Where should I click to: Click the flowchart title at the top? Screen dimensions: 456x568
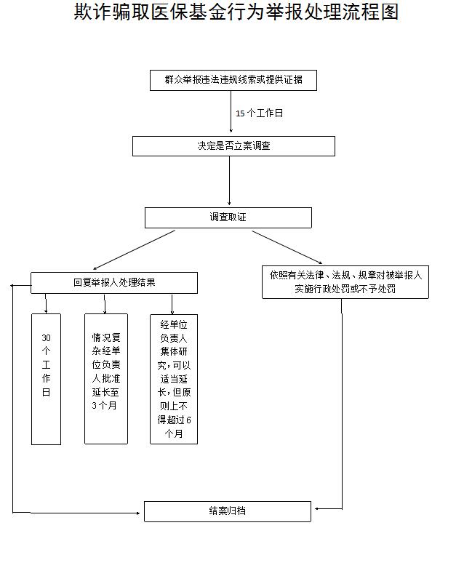coord(236,12)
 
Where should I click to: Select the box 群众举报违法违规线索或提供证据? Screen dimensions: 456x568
coord(233,80)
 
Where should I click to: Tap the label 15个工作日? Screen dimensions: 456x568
coord(259,113)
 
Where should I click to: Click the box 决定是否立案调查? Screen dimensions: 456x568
coord(233,146)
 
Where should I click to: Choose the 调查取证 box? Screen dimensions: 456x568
coord(228,217)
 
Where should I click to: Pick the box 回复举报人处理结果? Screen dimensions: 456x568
coord(114,283)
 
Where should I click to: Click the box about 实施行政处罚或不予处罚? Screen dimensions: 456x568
coord(345,282)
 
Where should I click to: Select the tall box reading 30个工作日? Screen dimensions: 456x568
coord(46,379)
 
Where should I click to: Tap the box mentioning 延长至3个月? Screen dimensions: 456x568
coord(106,379)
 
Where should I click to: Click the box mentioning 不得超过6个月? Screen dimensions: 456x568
coord(174,379)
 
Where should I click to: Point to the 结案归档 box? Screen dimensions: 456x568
coord(228,511)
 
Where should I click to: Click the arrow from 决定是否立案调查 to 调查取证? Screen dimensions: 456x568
coord(229,181)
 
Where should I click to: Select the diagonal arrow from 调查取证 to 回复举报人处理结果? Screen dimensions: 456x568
coord(134,250)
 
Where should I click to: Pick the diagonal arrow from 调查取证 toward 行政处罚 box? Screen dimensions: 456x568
coord(287,247)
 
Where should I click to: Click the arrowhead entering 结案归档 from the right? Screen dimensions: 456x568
coord(316,509)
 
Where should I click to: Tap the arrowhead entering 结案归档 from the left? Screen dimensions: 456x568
coord(137,513)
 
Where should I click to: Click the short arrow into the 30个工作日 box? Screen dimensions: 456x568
coord(46,303)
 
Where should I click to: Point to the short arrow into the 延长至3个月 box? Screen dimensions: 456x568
coord(105,304)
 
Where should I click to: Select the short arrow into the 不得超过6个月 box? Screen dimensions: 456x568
coord(172,304)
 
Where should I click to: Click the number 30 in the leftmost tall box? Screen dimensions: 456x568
coord(46,338)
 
